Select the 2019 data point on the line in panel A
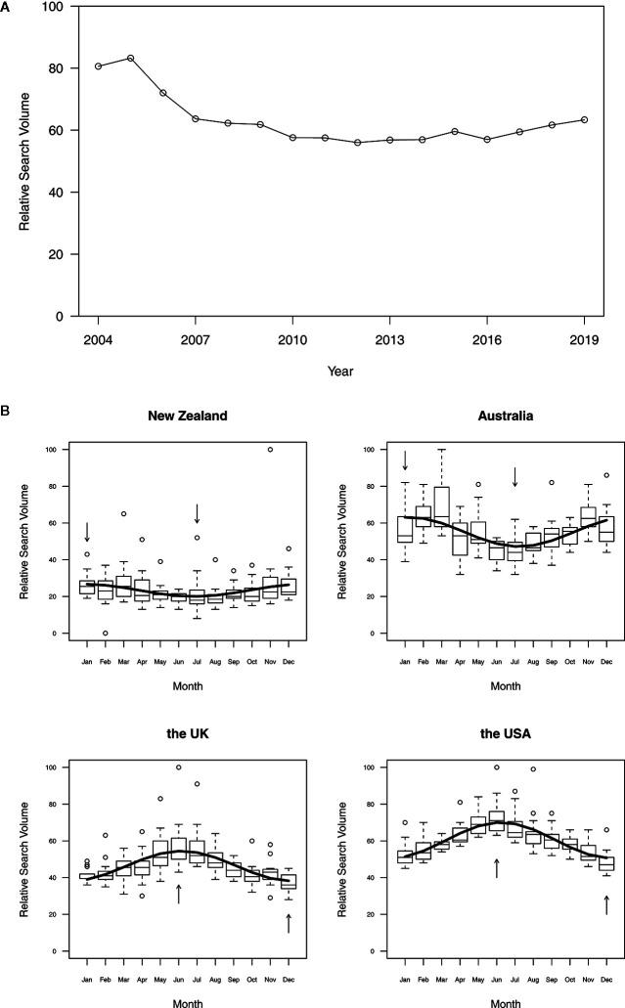[583, 120]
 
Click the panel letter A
[6, 6]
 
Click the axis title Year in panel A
[340, 372]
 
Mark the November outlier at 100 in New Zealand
[271, 450]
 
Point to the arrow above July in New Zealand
[198, 513]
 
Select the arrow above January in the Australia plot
[405, 459]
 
